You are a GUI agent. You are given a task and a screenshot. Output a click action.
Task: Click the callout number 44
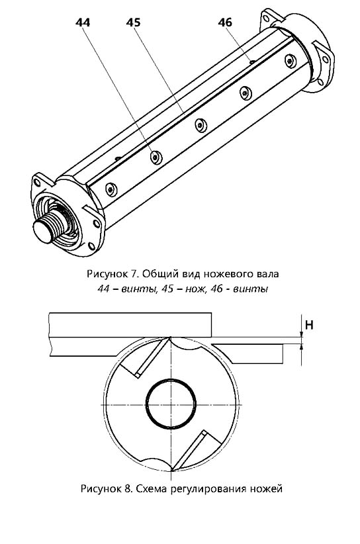pos(83,23)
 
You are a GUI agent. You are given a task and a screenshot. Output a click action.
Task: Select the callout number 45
pos(133,23)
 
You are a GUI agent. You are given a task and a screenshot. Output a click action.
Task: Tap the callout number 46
pos(225,23)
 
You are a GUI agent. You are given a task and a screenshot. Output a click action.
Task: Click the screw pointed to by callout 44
pos(156,158)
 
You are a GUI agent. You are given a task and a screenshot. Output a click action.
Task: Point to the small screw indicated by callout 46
pos(252,62)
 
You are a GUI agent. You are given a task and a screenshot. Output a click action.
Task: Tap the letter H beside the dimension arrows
pos(308,325)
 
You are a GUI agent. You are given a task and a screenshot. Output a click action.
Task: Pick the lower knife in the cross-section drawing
pos(189,451)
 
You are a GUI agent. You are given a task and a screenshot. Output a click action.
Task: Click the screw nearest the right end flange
pos(291,61)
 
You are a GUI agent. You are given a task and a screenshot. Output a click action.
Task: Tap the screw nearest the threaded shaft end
pos(111,189)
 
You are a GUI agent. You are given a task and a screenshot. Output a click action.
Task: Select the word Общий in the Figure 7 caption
pos(161,274)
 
